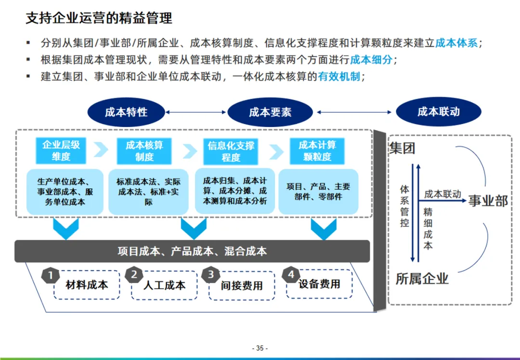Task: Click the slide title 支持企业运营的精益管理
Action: tap(99, 19)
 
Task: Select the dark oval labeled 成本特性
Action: tap(126, 112)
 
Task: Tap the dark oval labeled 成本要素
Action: tap(270, 113)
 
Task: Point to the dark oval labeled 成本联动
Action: tap(439, 112)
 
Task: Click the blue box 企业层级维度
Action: tap(61, 151)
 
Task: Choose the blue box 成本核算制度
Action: tap(144, 151)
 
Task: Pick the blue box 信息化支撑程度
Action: tap(231, 152)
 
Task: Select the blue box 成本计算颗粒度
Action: tap(317, 151)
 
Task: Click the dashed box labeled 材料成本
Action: tap(87, 284)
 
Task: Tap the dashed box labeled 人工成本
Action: tap(164, 285)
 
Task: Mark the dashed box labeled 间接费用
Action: tap(242, 285)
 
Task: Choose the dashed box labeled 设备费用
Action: tap(319, 284)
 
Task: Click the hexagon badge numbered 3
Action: tap(211, 275)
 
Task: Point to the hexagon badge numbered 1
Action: tap(51, 276)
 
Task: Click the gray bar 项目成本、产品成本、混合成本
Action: tap(192, 251)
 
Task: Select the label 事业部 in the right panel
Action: tap(488, 201)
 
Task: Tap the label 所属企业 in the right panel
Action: tap(422, 278)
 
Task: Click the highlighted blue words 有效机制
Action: tap(339, 77)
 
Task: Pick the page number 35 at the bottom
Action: tap(260, 348)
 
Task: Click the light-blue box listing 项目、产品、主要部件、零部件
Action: tap(318, 191)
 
